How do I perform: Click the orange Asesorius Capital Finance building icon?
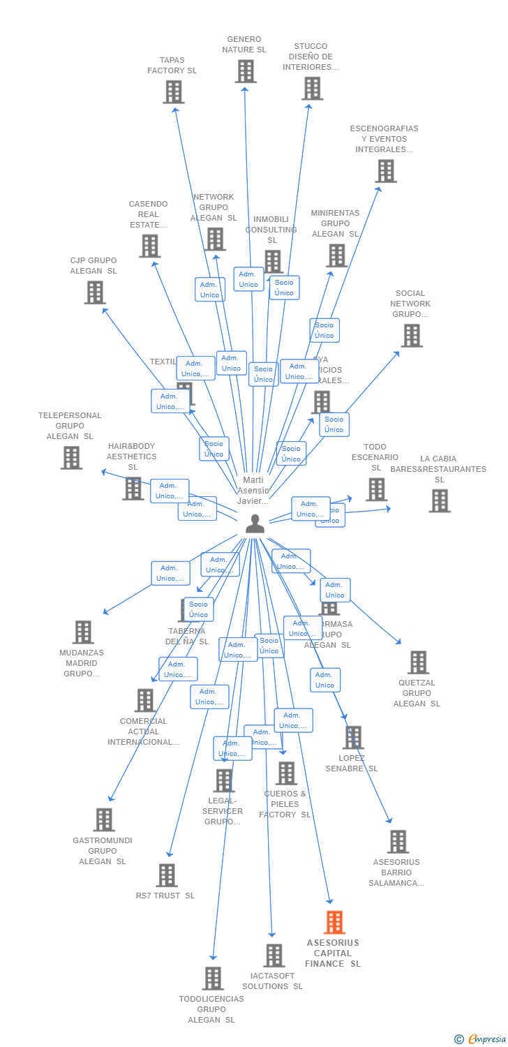(334, 922)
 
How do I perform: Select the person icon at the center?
(255, 523)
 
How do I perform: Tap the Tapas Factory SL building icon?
(173, 91)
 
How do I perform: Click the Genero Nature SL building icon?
(245, 70)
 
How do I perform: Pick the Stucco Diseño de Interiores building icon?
(312, 88)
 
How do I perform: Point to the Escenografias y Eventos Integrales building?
(385, 170)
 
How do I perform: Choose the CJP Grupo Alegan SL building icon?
(95, 292)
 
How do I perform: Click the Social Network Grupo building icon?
(411, 335)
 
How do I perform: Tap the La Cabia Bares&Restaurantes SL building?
(439, 500)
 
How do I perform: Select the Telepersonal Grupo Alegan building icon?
(71, 457)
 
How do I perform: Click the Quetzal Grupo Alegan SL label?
(417, 693)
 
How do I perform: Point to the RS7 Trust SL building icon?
(166, 875)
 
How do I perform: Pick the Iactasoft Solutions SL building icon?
(274, 955)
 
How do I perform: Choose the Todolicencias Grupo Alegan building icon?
(213, 978)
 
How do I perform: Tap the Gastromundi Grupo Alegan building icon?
(103, 819)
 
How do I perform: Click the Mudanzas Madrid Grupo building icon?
(82, 632)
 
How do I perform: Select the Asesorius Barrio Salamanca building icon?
(398, 841)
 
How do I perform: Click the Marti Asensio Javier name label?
(253, 491)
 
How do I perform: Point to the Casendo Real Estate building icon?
(149, 246)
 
